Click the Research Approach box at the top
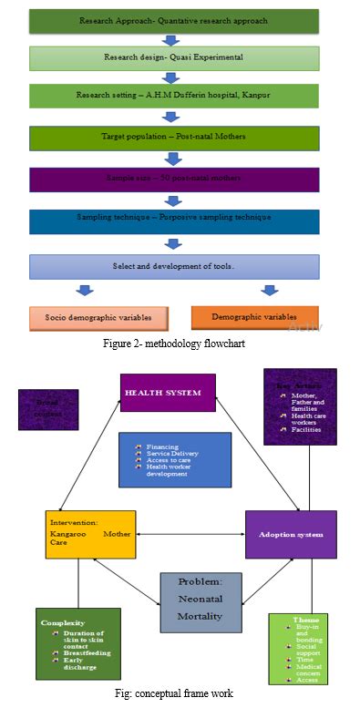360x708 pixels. click(x=174, y=21)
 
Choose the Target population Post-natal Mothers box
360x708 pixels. click(x=174, y=138)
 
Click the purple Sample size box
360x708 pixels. click(x=174, y=180)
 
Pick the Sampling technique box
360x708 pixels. click(x=174, y=222)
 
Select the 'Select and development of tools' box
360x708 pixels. click(x=174, y=266)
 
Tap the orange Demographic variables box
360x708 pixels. click(x=255, y=316)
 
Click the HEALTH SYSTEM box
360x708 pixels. click(x=168, y=393)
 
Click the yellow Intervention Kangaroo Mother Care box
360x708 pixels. click(x=90, y=534)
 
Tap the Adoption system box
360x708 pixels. click(x=291, y=534)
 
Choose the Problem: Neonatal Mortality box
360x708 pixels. click(x=200, y=601)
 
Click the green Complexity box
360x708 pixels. click(x=78, y=642)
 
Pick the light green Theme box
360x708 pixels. click(x=304, y=647)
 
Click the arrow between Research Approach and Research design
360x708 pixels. click(x=171, y=40)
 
